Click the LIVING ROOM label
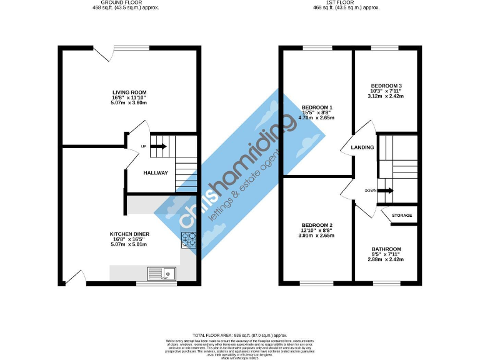129,92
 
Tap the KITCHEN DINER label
129,234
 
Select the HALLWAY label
156,172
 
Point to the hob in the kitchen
189,241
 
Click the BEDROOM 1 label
317,107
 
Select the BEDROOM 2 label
317,225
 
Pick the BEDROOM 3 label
386,86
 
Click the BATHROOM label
386,249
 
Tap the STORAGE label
402,216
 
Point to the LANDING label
362,147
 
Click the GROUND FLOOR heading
129,2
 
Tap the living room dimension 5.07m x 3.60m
129,102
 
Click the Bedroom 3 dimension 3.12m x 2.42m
386,96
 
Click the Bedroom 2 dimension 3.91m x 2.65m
317,236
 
